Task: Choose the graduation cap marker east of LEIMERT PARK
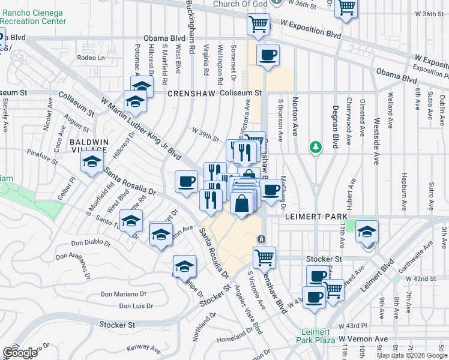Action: (367, 232)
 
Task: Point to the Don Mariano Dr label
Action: (124, 294)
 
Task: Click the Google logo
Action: (20, 353)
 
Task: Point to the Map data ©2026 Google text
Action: (411, 355)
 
